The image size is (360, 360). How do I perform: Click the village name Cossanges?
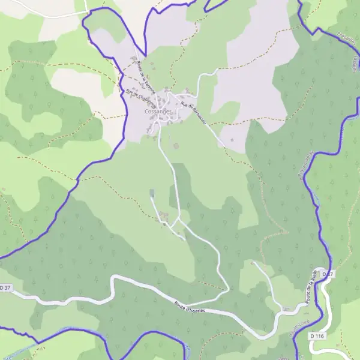pos(158,112)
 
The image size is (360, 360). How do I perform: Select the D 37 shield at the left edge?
pos(4,288)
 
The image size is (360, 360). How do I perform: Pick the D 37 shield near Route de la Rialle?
pos(327,274)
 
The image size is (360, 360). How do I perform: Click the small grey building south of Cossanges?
pos(152,193)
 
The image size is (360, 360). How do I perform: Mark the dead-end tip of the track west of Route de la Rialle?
pos(254,262)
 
